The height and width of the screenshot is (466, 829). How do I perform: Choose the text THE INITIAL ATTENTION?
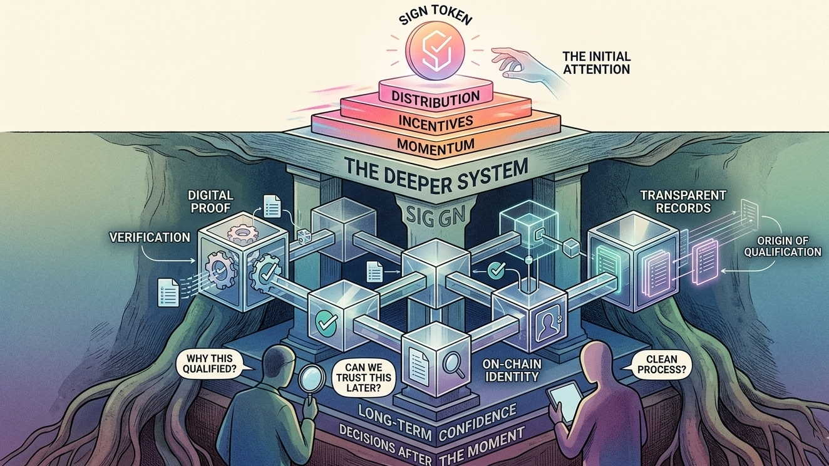(596, 61)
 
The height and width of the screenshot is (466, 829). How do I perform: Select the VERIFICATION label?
(150, 237)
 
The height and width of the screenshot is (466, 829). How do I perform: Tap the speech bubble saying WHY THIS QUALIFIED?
(212, 363)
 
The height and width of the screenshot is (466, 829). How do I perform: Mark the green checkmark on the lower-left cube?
(326, 323)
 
